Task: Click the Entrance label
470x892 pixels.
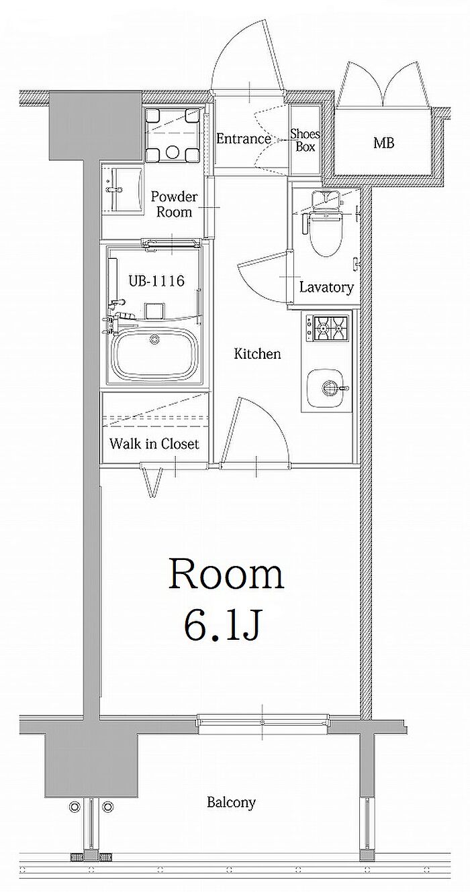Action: point(244,139)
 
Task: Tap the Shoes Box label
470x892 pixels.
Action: point(305,140)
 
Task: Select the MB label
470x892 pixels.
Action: point(384,143)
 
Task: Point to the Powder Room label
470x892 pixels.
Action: point(174,205)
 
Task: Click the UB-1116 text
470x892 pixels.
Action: point(156,281)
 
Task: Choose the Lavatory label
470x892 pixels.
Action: point(326,287)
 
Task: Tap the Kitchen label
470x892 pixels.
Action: point(257,353)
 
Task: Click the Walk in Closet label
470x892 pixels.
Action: point(154,443)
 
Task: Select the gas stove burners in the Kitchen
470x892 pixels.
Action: point(330,328)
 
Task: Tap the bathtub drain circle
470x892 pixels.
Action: point(154,339)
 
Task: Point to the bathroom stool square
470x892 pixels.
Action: point(154,311)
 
